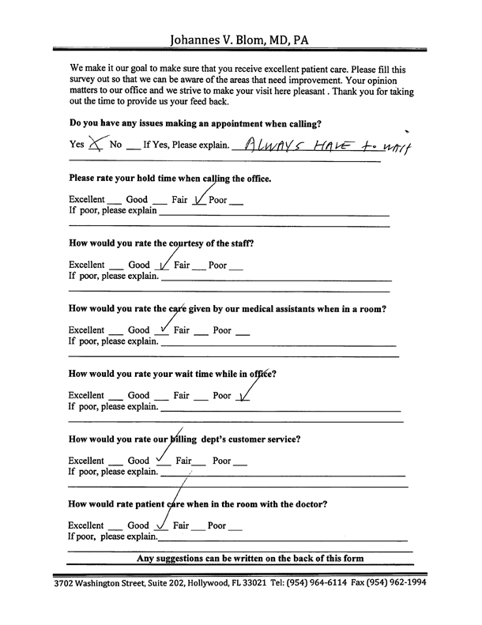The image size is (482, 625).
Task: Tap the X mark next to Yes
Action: click(97, 143)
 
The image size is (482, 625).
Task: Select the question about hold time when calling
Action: click(171, 179)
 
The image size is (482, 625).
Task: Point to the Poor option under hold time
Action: click(218, 200)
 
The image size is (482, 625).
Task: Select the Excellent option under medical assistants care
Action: click(86, 330)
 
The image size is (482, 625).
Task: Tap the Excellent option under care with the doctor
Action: click(86, 525)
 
